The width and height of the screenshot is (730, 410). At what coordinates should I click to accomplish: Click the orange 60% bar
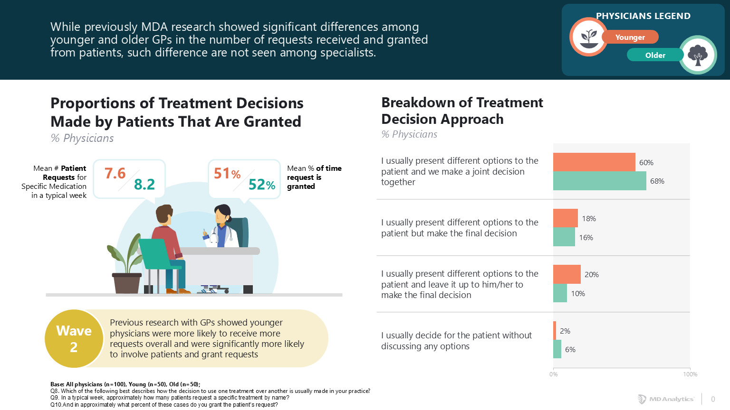click(x=594, y=162)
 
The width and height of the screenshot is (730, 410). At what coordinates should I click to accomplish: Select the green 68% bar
click(x=599, y=181)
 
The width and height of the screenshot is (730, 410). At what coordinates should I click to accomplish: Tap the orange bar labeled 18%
click(x=566, y=218)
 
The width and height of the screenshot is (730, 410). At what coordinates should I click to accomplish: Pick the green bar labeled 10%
click(x=560, y=293)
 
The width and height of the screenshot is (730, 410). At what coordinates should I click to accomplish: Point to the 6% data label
click(x=570, y=350)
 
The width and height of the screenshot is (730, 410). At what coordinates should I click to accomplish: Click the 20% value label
click(x=592, y=275)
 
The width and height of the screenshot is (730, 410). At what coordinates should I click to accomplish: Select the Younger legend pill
click(x=630, y=37)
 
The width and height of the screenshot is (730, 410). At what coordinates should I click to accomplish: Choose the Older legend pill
click(x=655, y=55)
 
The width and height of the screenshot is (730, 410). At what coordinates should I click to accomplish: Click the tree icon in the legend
click(x=698, y=55)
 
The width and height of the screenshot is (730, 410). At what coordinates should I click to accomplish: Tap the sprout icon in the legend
click(x=589, y=37)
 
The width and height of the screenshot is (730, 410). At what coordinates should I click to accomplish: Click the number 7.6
click(x=115, y=173)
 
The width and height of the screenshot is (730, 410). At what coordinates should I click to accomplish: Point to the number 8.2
click(x=144, y=184)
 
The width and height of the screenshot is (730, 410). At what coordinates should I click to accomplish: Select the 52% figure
click(x=262, y=185)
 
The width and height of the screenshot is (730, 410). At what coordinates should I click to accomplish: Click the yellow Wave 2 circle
click(x=74, y=339)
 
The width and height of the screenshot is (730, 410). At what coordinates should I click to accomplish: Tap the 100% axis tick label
click(x=690, y=374)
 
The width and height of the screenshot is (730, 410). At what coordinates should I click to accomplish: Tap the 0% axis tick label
click(x=554, y=374)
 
